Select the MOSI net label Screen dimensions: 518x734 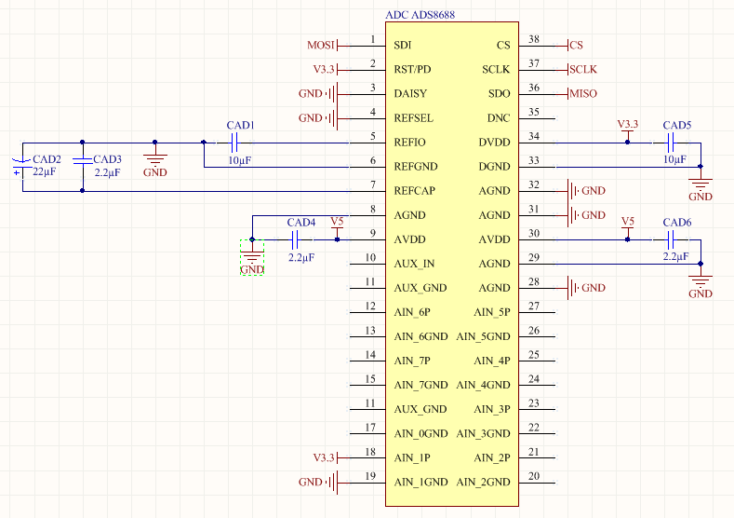pos(320,45)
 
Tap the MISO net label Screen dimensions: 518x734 pos(583,93)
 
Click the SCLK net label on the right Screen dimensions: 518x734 pos(583,69)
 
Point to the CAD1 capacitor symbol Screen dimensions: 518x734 pos(235,143)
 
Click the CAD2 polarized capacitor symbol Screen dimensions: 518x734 pos(21,166)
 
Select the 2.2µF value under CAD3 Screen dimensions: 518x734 pos(107,173)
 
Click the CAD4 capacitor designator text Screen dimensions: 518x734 pos(300,223)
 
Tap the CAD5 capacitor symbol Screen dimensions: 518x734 pos(672,143)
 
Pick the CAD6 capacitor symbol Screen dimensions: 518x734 pos(672,239)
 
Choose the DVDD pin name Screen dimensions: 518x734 pos(494,143)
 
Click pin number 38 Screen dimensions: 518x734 pos(534,39)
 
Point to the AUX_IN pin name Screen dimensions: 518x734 pos(414,264)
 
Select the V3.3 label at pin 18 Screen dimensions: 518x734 pos(323,457)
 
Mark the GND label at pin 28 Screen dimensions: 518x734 pos(593,288)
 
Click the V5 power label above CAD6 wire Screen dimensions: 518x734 pos(628,221)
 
